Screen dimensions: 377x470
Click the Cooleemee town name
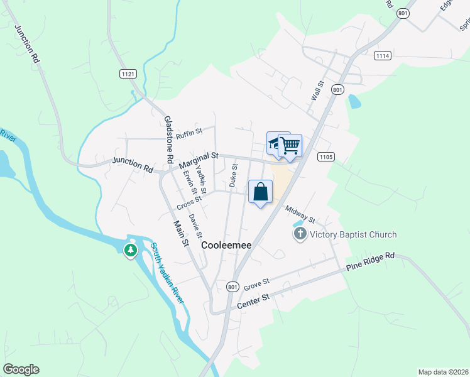click(x=226, y=246)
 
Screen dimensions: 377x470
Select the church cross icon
click(x=300, y=234)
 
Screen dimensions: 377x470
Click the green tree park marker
click(x=131, y=251)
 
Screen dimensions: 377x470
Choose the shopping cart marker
click(x=290, y=146)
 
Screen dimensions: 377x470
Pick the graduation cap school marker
click(x=275, y=143)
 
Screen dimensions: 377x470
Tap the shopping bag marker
click(x=261, y=192)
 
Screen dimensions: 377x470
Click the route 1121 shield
click(x=128, y=74)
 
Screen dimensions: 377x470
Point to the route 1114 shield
click(x=382, y=56)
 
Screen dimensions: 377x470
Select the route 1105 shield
click(x=325, y=156)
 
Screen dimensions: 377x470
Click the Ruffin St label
click(x=189, y=133)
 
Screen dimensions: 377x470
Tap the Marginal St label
click(x=198, y=159)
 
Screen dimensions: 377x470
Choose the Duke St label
click(x=233, y=175)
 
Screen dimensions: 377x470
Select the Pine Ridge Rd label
click(x=371, y=262)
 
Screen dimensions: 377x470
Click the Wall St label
click(x=317, y=90)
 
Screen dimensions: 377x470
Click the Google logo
click(x=21, y=369)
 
